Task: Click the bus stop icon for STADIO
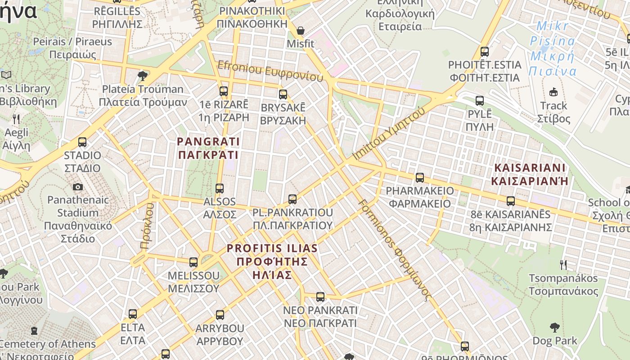82,142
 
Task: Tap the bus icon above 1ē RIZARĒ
224,91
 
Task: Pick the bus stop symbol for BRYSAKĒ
283,94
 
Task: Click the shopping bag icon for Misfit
301,31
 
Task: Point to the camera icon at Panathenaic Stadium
78,187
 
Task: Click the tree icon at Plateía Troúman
143,76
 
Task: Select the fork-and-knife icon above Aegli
17,119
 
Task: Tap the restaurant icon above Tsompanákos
563,265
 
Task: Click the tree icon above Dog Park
554,327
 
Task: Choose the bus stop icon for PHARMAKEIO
420,178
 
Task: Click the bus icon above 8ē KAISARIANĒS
511,201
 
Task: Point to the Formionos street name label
395,249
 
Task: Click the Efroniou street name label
270,72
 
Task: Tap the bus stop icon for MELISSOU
193,262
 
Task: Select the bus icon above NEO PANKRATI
320,297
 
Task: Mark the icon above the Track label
553,92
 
